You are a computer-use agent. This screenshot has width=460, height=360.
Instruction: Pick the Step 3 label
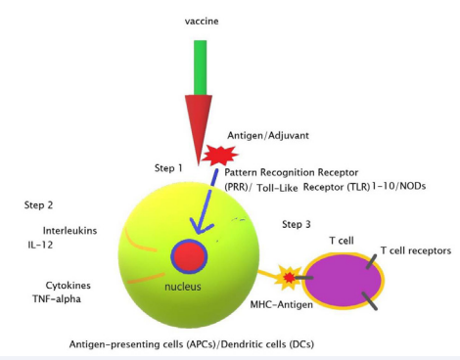click(x=297, y=225)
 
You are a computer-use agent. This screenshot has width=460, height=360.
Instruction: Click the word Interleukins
click(x=58, y=232)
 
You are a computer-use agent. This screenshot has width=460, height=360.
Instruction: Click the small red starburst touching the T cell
click(x=290, y=280)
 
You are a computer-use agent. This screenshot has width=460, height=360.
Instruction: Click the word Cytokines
click(x=54, y=286)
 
